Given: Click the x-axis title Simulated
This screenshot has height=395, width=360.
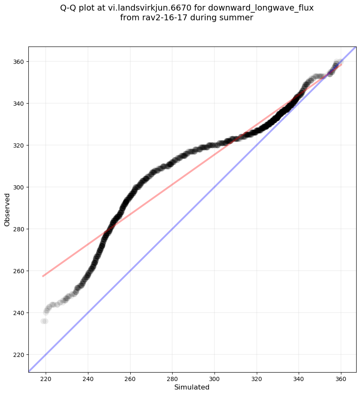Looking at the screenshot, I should coord(192,387).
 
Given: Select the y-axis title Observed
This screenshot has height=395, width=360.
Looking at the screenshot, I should coord(7,209).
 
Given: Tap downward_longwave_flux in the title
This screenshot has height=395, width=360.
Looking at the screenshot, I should coord(261,8).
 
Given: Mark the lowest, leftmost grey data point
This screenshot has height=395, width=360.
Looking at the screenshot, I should coord(44,321).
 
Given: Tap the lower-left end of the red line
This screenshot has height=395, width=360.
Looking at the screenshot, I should coord(43,276).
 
